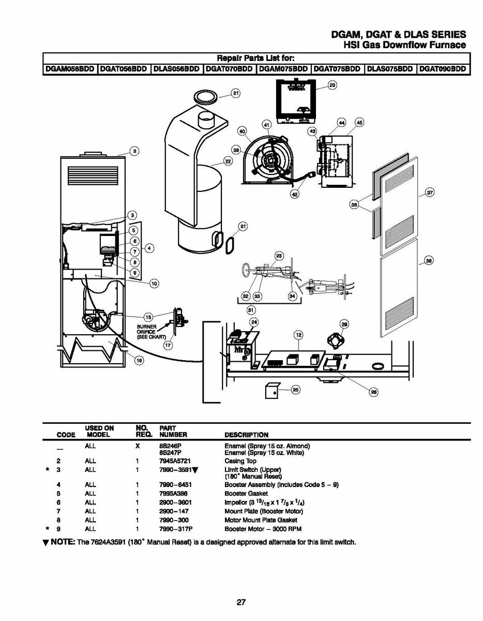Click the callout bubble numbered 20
coord(333,85)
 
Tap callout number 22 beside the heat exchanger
coord(228,161)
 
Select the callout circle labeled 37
coord(429,193)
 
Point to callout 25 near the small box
coord(295,390)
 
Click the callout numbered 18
coord(139,361)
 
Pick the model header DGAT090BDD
coord(443,69)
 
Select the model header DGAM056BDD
coord(70,69)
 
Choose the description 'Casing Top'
coord(240,461)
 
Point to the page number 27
coord(241,602)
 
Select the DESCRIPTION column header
coord(246,435)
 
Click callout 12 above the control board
coord(298,335)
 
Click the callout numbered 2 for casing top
coord(134,151)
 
